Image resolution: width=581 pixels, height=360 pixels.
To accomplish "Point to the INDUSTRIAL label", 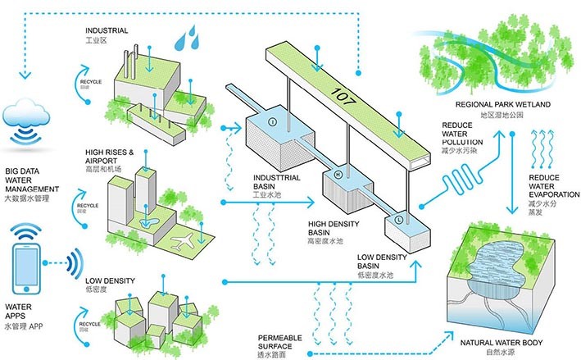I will (x=107, y=30).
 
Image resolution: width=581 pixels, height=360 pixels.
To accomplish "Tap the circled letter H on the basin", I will (x=336, y=175).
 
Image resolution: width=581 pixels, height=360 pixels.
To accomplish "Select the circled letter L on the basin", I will (x=398, y=220).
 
